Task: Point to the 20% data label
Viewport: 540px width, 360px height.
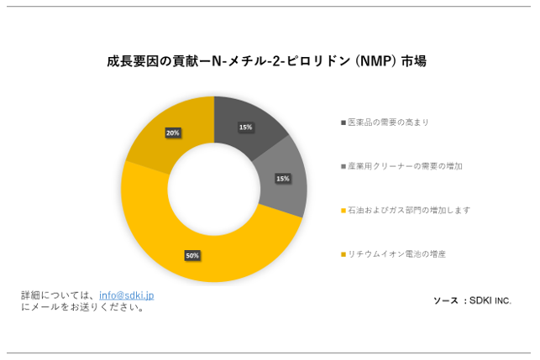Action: coord(172,133)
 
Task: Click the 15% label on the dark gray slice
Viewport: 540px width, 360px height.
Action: coord(245,128)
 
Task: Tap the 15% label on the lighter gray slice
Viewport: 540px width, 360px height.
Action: coord(283,178)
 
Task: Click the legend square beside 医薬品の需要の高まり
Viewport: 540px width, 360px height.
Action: coord(343,123)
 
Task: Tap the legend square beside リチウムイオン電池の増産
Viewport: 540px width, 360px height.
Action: coord(343,253)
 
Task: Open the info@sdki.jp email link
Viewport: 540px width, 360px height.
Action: coord(126,295)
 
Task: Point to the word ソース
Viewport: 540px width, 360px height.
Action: coord(446,300)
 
